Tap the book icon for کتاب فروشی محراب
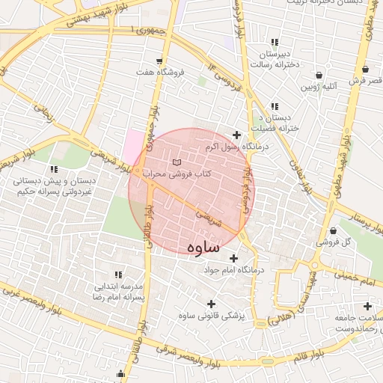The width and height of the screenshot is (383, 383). click(177, 162)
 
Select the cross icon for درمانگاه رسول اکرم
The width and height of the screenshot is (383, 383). click(237, 135)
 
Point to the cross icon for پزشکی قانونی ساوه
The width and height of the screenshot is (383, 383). click(212, 304)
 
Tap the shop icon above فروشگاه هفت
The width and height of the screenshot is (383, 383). click(160, 61)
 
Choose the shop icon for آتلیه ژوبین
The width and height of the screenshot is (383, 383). click(320, 76)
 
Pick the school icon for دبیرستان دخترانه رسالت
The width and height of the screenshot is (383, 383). click(275, 43)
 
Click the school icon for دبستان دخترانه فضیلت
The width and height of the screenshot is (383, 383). click(275, 106)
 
